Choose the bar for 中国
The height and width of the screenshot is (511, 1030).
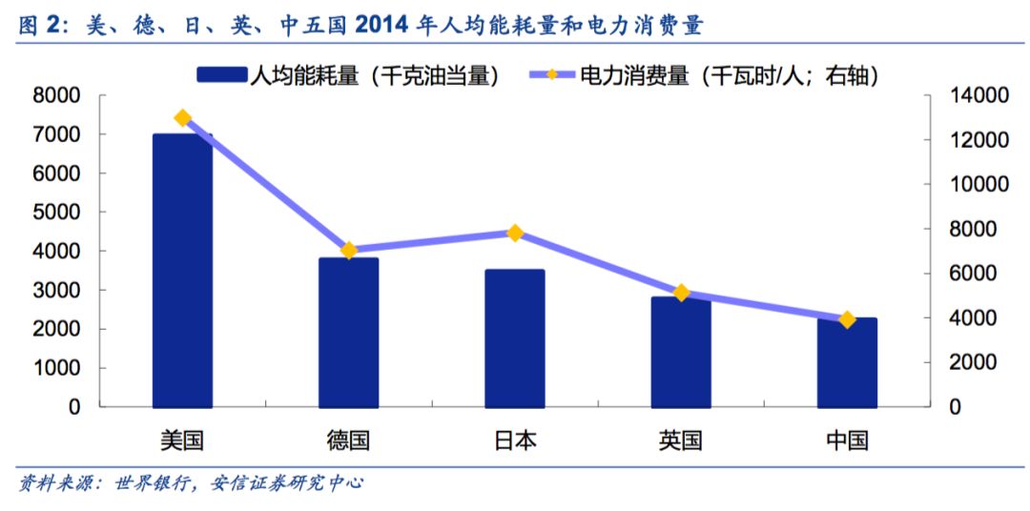click(846, 362)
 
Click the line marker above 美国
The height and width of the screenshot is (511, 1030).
click(183, 118)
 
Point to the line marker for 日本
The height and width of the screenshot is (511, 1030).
click(515, 233)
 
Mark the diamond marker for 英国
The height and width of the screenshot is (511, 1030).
click(681, 293)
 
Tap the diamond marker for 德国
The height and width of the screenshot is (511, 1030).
click(349, 251)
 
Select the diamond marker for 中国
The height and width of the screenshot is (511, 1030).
click(847, 320)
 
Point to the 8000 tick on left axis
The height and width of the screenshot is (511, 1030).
click(56, 95)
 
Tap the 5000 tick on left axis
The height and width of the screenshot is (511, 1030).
click(56, 212)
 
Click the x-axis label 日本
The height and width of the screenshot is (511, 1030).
click(515, 440)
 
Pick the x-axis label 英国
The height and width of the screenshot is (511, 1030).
click(681, 440)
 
